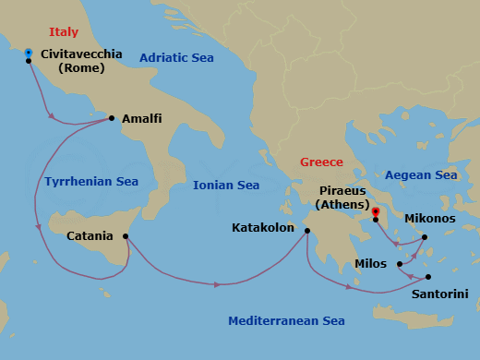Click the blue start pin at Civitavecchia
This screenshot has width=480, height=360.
coord(29,53)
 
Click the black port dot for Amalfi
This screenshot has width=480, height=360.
coord(112,118)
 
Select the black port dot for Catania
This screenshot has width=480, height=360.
coord(124,236)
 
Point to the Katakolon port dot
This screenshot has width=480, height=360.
coord(307,231)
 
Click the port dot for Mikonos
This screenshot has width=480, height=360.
coord(425,237)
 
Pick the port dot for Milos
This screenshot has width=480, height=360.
coord(400,264)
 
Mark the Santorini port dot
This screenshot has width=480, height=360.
coord(428,276)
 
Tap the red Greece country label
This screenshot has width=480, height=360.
coord(321,162)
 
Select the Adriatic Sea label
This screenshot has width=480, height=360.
coord(176,58)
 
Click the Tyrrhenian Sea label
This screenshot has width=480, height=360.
coord(90,182)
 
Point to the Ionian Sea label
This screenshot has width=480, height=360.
coord(226,186)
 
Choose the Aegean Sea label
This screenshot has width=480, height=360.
coord(421,174)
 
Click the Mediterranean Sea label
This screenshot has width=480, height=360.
coord(286,321)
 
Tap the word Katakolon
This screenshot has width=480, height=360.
coord(262,227)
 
